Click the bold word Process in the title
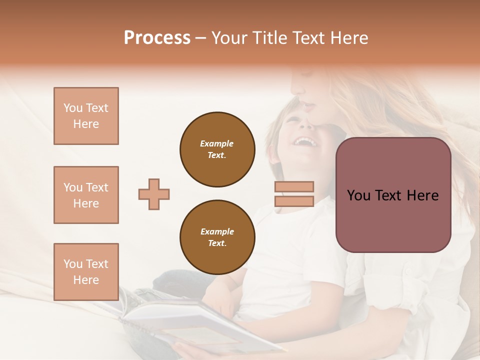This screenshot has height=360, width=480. coord(157,38)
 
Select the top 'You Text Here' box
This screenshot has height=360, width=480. coord(86,116)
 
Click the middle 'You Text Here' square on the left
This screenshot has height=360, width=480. coord(86,195)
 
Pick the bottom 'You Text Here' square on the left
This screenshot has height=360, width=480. coord(86,272)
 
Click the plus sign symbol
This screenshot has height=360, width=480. coord(154,194)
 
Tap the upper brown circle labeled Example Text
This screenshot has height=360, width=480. coord(217,149)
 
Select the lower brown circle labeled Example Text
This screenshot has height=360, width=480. coord(217,237)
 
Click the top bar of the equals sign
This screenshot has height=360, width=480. coord(294,186)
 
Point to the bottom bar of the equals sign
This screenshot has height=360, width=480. coord(294,201)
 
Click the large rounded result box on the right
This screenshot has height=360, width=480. coord(393,195)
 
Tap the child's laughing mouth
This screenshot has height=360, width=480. coord(304,142)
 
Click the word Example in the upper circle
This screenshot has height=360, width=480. coord(217,143)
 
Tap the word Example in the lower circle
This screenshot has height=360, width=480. coord(217,231)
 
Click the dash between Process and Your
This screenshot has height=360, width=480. coord(201,38)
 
